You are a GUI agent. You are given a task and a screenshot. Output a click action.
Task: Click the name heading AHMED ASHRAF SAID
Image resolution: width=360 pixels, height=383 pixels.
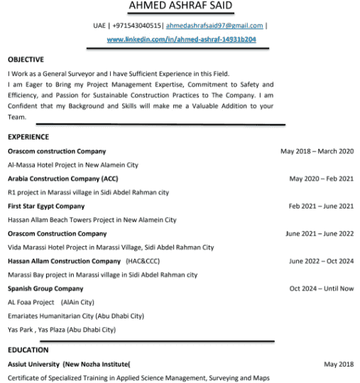coord(180,7)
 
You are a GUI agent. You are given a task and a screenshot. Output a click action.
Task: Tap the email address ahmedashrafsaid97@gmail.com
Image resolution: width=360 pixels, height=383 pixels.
coord(214,26)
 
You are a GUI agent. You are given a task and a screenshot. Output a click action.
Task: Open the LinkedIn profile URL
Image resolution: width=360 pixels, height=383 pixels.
coord(181,40)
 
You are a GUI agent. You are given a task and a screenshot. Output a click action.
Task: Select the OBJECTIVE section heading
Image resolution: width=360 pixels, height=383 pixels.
coord(26,60)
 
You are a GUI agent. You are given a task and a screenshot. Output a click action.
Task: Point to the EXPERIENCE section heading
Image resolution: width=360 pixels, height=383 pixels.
coord(28,137)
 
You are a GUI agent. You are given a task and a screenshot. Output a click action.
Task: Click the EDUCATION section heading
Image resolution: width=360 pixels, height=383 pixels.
coord(28,350)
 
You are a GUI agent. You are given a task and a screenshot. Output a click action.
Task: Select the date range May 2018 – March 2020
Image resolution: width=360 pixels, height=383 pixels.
coord(317,151)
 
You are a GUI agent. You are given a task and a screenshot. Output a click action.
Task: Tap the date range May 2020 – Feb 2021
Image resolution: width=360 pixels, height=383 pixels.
coord(321,179)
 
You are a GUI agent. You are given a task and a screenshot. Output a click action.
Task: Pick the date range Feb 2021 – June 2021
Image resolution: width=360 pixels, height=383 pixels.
coord(321,206)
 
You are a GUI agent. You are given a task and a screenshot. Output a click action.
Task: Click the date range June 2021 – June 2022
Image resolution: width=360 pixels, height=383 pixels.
coord(320,233)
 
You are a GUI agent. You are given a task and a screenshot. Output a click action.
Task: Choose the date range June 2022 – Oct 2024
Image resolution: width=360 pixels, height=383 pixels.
coord(321,261)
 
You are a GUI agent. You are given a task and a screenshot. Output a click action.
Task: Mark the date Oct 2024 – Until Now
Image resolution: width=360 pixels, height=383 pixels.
coord(321,289)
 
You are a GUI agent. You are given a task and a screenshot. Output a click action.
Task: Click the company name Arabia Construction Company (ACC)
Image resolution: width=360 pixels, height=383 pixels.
coord(63,179)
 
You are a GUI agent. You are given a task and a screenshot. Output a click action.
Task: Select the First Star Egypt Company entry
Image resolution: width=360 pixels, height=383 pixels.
coord(46,206)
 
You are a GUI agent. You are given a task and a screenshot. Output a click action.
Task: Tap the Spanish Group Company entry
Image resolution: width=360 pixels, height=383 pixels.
coord(45,289)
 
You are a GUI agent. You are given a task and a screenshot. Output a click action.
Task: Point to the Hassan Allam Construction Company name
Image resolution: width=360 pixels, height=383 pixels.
coord(64,261)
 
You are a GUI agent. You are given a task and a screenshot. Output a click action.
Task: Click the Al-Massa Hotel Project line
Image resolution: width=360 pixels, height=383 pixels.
coord(73,165)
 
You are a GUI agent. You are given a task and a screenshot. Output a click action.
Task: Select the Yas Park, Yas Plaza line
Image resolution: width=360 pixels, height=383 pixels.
coord(62,330)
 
